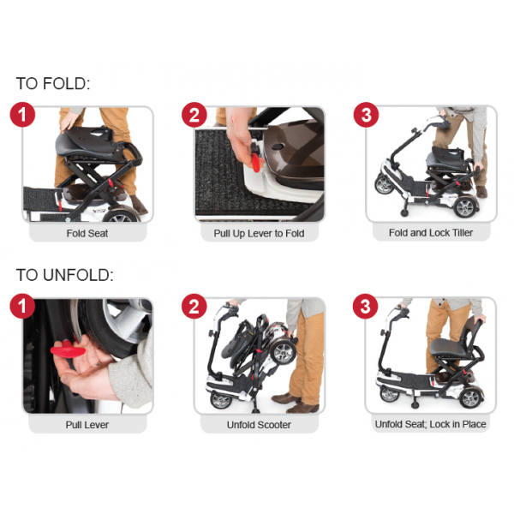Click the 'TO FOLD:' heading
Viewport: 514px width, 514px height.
[x=53, y=84]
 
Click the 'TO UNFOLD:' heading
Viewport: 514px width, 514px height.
[x=65, y=276]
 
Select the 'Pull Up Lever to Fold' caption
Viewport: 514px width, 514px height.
[x=259, y=233]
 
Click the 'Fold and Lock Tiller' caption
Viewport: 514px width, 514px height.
[x=430, y=233]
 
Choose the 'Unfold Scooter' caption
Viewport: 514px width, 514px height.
[x=259, y=424]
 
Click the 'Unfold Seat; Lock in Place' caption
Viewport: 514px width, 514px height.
[x=431, y=424]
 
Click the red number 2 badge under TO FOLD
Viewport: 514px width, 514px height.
[x=194, y=115]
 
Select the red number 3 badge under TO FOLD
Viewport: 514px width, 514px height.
[x=366, y=115]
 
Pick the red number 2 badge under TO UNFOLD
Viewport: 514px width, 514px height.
[x=194, y=307]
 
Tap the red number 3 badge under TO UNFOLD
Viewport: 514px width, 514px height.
[x=366, y=307]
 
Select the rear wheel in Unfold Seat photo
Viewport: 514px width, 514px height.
[x=470, y=396]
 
